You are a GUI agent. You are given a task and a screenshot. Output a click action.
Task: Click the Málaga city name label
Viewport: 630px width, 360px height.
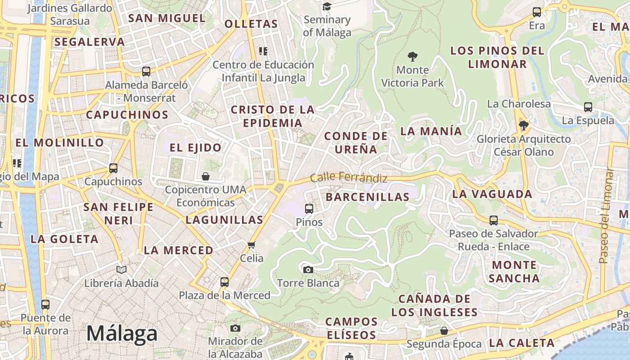pos(122,333)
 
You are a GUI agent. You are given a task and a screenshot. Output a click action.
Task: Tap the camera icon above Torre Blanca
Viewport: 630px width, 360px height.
pos(308,270)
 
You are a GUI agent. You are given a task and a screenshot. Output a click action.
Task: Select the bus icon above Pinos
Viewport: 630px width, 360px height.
pos(309,208)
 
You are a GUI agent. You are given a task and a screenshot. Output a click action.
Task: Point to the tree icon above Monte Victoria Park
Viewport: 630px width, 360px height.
pos(412,57)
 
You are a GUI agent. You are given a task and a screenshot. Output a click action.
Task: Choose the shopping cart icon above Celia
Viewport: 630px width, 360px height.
pos(252,245)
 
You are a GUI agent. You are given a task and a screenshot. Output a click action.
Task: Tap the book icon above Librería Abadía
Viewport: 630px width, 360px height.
pos(121,270)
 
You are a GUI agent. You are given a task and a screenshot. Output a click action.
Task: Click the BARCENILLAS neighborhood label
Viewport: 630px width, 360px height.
pos(368,197)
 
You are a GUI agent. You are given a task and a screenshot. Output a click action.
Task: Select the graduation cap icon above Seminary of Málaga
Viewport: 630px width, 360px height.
pos(327,6)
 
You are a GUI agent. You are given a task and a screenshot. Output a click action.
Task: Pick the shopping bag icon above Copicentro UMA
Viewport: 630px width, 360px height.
pos(206,176)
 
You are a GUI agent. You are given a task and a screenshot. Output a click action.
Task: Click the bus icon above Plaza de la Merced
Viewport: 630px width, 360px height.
pos(225,282)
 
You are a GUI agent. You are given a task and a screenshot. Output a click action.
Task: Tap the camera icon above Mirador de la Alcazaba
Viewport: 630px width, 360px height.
pos(235,328)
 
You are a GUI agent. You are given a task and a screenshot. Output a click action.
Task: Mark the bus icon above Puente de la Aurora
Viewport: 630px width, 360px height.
pos(45,304)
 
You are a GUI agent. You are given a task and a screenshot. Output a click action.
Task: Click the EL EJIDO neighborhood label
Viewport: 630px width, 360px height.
pos(195,147)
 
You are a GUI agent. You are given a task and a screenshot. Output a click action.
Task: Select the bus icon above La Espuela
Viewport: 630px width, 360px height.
pos(588,107)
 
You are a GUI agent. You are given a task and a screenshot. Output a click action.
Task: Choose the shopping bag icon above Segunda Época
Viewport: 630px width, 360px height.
pos(444,331)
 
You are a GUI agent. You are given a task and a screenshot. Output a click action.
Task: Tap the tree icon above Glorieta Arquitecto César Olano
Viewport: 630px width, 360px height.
pos(523,125)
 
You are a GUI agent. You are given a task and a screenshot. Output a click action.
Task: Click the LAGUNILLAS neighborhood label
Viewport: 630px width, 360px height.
pos(224,220)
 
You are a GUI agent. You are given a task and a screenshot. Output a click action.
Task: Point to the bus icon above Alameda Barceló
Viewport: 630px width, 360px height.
pos(146,71)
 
